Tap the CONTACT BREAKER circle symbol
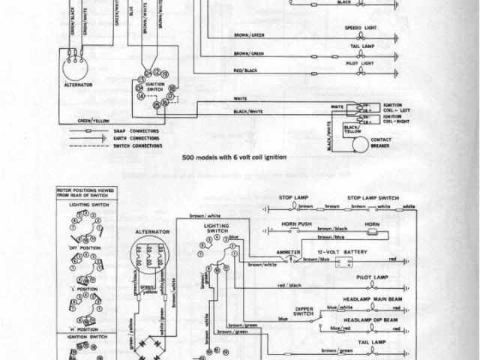click(x=361, y=143)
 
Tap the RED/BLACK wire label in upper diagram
click(x=245, y=70)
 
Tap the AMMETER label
click(x=288, y=251)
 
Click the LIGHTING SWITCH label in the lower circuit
click(x=216, y=228)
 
